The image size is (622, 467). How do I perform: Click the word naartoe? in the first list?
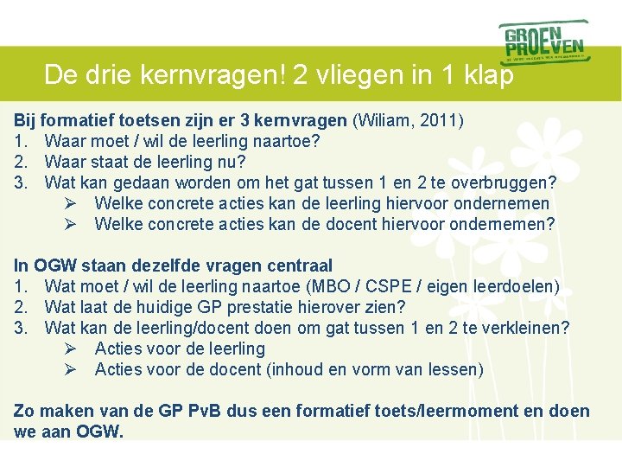pyautogui.click(x=289, y=141)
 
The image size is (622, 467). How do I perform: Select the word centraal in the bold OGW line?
pyautogui.click(x=300, y=265)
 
